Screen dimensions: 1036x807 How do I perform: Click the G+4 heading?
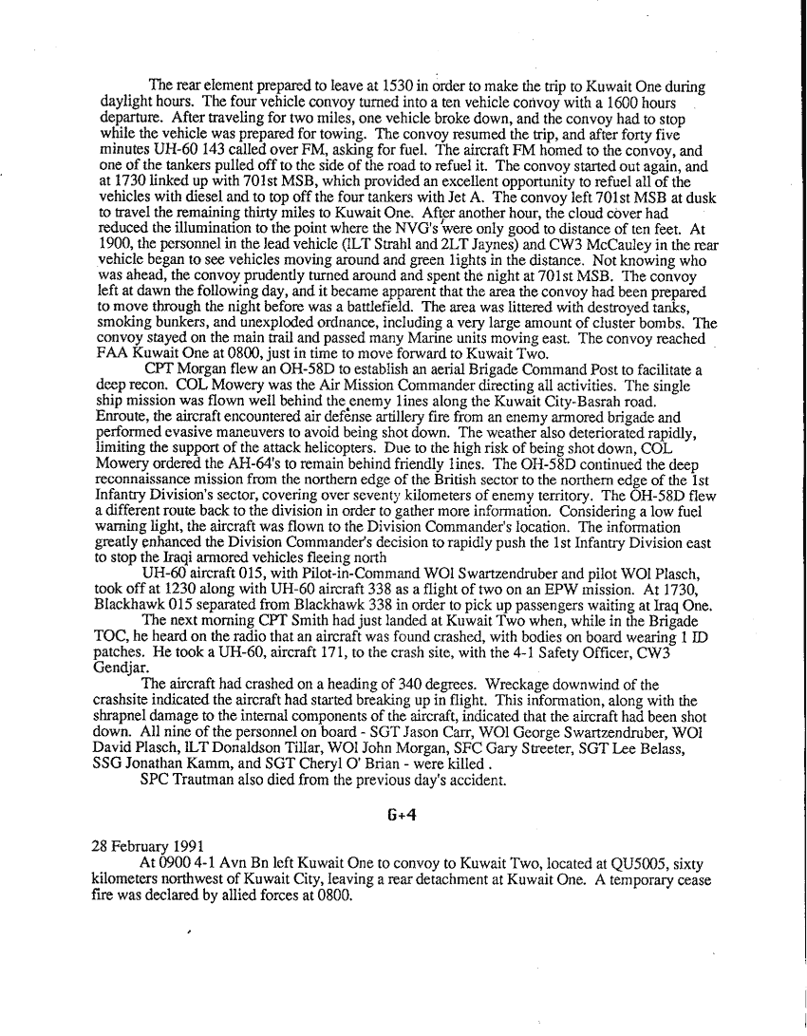pyautogui.click(x=403, y=814)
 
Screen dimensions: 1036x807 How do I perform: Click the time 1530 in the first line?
pyautogui.click(x=396, y=86)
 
